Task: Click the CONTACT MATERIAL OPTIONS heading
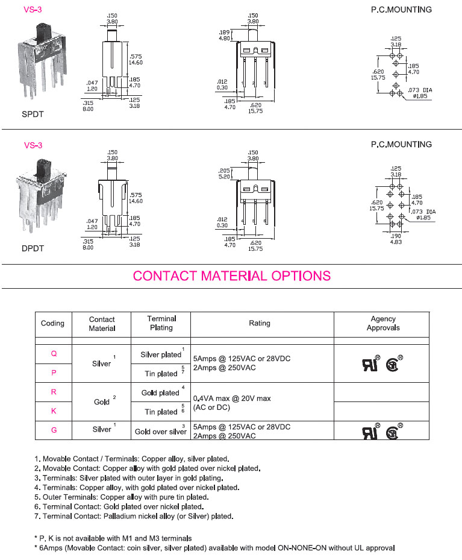(231, 276)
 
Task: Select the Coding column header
(52, 323)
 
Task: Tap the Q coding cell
(54, 354)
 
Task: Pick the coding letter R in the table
(54, 392)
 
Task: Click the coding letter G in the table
(54, 430)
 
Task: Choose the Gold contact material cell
(102, 401)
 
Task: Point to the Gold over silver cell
(161, 432)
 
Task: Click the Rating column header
(260, 323)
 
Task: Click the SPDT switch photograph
(43, 60)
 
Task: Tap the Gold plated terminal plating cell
(160, 393)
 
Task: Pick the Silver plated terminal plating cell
(160, 355)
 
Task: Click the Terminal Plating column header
(161, 323)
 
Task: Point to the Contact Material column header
(102, 324)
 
